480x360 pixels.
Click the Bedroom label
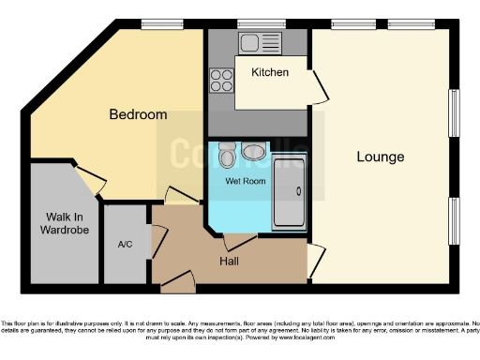click(x=138, y=114)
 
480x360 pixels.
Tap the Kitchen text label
click(x=269, y=72)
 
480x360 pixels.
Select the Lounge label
click(x=380, y=157)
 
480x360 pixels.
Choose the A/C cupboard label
click(x=125, y=244)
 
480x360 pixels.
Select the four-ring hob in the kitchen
click(x=222, y=81)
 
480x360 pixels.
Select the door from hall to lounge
click(x=317, y=256)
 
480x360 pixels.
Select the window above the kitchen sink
click(x=249, y=23)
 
